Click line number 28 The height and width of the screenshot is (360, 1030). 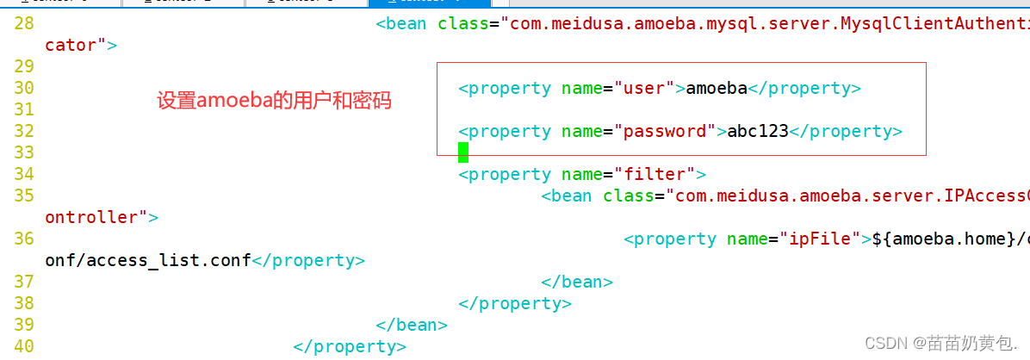pos(24,24)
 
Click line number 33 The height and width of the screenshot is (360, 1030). pos(24,152)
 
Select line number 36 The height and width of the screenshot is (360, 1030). pos(24,239)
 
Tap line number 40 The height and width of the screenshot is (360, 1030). pos(24,346)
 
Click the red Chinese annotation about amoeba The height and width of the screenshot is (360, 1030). pos(274,101)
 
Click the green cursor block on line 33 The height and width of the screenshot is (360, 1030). pos(463,152)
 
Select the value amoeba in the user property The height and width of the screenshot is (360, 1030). pos(717,88)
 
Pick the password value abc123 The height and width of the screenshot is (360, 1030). pos(758,131)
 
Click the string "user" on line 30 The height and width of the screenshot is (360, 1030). pos(644,88)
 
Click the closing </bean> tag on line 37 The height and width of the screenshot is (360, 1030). pos(577,282)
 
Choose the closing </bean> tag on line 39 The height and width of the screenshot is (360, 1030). pos(412,325)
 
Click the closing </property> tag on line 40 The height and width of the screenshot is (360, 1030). pos(349,346)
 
